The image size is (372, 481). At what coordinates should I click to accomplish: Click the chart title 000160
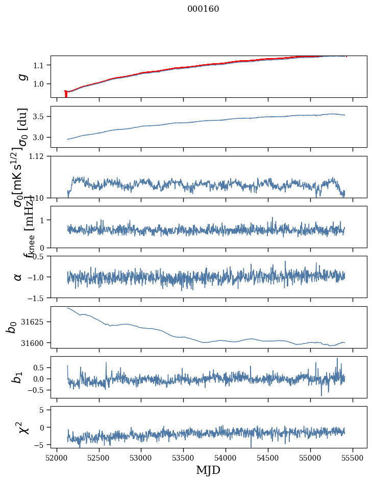(x=203, y=9)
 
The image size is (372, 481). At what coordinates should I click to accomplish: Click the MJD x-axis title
(x=208, y=470)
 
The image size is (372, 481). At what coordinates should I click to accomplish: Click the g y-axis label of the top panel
(x=21, y=76)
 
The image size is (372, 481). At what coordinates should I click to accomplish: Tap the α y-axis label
(x=18, y=277)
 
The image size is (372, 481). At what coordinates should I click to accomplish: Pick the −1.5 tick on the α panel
(x=37, y=298)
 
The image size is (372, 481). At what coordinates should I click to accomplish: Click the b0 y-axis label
(x=11, y=327)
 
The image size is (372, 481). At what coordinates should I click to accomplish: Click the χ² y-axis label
(x=23, y=427)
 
